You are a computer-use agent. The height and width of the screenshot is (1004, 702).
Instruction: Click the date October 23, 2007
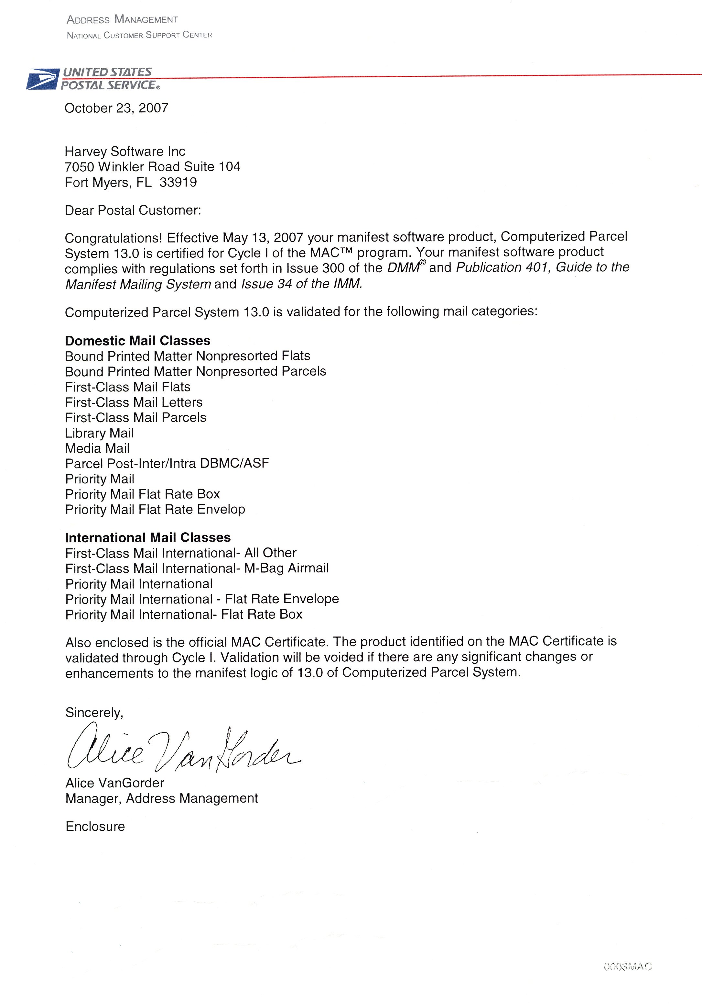tap(116, 108)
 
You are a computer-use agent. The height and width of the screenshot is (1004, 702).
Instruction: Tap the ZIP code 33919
tap(178, 182)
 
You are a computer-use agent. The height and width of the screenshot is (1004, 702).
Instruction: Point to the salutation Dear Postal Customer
tap(133, 210)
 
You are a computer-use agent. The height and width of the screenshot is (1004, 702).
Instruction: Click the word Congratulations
tap(113, 238)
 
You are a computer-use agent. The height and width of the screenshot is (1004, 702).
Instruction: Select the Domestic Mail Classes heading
tap(138, 341)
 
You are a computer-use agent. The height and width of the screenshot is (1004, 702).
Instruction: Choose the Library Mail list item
tap(99, 433)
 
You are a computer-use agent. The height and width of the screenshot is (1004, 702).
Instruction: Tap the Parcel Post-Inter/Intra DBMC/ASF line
tap(167, 464)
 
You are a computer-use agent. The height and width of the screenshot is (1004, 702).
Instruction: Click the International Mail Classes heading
tap(148, 537)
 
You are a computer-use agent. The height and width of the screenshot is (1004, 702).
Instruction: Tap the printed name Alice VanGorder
tap(114, 783)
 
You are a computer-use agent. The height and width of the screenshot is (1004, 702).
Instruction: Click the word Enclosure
tap(95, 827)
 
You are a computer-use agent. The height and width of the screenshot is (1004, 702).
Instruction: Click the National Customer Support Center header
tap(139, 35)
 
